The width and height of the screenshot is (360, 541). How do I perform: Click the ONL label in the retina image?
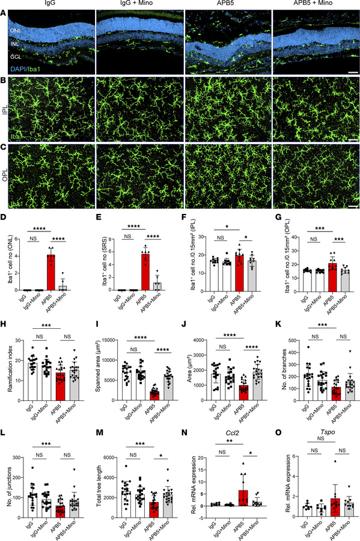16,26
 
